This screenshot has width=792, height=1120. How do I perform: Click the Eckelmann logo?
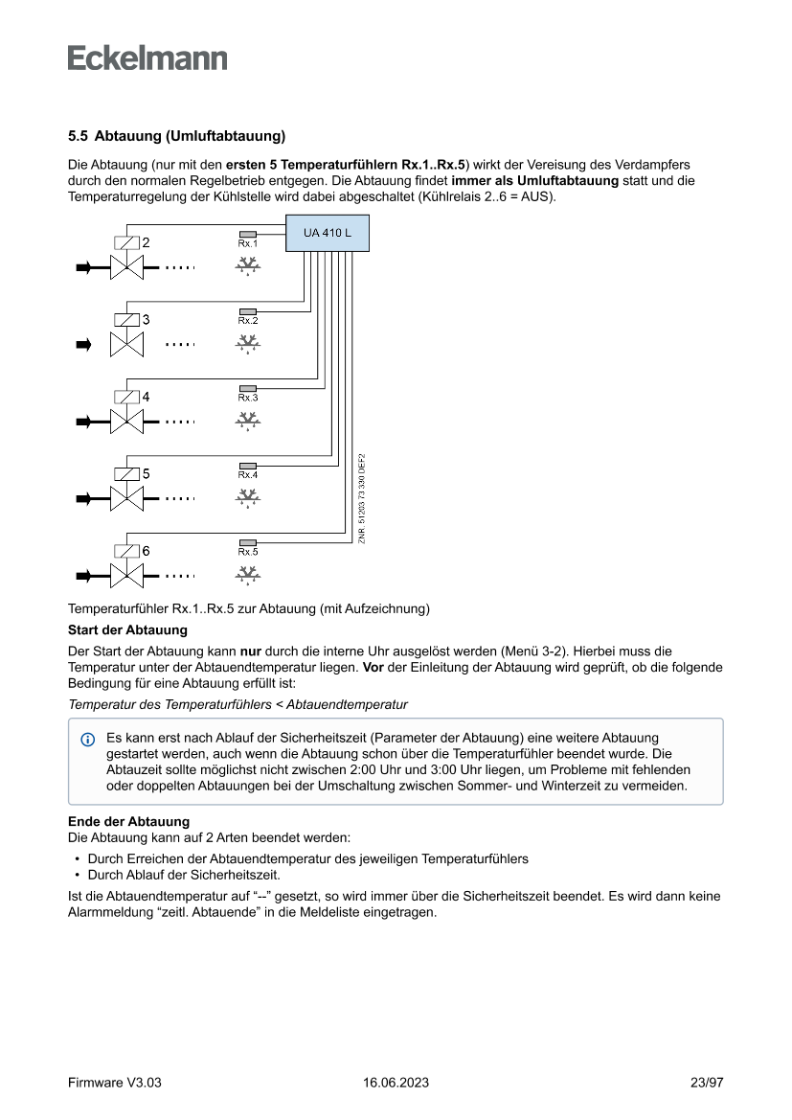[x=147, y=58]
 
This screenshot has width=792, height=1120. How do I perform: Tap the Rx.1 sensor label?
[x=248, y=244]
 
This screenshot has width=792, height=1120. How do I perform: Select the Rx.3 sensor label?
[x=248, y=397]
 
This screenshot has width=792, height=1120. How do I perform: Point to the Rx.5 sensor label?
[x=248, y=551]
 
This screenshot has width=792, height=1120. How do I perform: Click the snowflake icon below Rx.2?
[x=248, y=343]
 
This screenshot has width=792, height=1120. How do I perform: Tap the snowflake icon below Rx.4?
[x=248, y=497]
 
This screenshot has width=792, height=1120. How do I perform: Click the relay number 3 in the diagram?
[x=147, y=320]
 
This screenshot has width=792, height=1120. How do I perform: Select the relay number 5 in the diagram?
[x=147, y=473]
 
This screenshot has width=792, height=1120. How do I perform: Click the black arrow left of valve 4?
[x=84, y=421]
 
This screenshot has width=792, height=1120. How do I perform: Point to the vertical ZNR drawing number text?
[x=362, y=498]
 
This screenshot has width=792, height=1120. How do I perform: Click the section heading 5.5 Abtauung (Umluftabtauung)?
[x=177, y=135]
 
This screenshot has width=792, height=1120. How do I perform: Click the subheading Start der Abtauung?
[x=127, y=629]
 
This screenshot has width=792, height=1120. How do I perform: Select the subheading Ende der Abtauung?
[x=128, y=822]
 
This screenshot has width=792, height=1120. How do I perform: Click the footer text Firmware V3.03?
[x=115, y=1083]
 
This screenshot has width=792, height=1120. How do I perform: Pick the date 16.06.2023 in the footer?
[x=396, y=1083]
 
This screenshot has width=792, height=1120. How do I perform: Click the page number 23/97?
[x=707, y=1083]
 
